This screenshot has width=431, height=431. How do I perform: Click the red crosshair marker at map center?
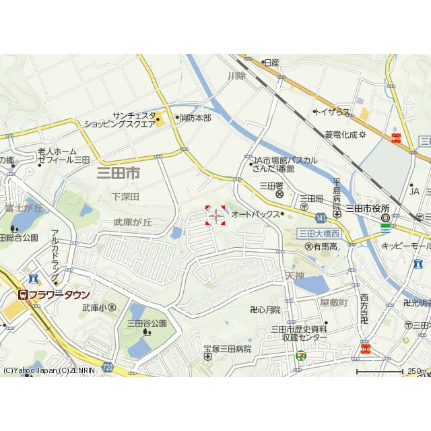215,215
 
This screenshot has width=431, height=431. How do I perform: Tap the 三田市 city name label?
119,173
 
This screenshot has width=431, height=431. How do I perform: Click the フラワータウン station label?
54,295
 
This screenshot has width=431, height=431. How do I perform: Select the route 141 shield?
321,217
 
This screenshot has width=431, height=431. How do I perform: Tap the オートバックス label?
255,214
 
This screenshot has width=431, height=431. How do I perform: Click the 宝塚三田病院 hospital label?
228,349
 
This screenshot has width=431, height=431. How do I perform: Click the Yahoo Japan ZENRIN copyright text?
45,370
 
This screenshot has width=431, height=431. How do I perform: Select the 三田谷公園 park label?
147,323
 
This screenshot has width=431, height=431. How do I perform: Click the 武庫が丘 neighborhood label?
133,222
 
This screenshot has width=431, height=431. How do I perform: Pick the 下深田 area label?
125,197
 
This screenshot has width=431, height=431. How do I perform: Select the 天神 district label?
295,275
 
